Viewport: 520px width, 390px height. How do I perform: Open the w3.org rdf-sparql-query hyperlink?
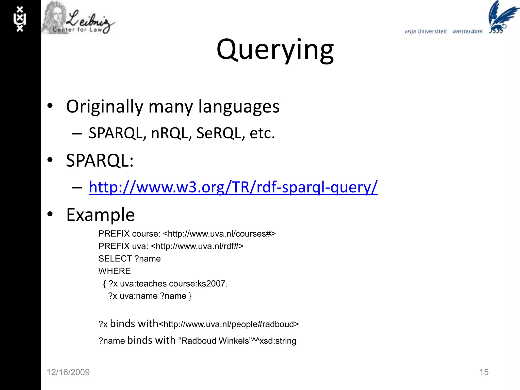point(233,187)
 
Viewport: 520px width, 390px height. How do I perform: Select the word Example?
point(100,215)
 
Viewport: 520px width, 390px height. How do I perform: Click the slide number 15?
point(484,372)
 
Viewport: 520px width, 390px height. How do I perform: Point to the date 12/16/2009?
point(68,372)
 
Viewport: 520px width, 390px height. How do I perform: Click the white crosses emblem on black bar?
point(20,19)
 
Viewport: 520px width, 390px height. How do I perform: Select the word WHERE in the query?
point(115,271)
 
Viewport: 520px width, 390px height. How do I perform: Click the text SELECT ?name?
point(129,259)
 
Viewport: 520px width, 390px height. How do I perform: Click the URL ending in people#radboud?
point(229,324)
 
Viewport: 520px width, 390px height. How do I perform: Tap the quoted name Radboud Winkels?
point(215,341)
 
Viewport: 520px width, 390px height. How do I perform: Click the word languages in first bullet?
point(239,107)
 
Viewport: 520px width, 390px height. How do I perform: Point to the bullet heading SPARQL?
point(100,161)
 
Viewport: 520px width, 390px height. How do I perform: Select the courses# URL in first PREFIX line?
point(219,234)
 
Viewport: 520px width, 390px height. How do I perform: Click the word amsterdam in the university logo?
point(467,31)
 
